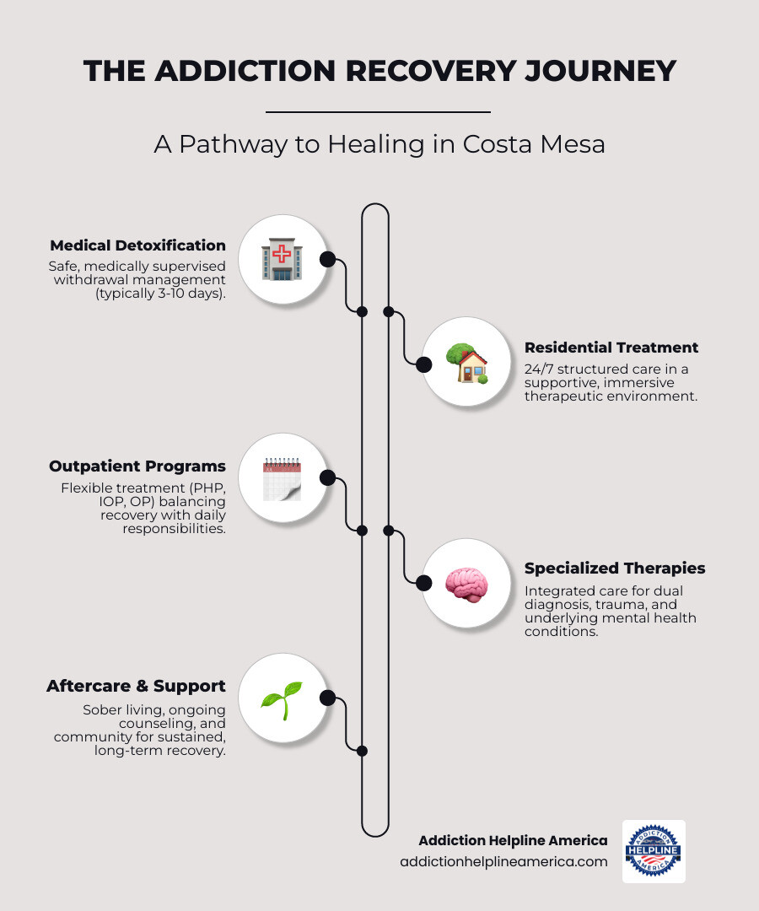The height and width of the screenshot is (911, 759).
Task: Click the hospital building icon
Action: click(282, 259)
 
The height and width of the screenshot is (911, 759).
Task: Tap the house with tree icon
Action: click(466, 364)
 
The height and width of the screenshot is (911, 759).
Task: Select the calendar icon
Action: click(282, 478)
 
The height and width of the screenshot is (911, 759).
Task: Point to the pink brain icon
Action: click(466, 583)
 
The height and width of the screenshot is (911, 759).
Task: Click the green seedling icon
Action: click(282, 699)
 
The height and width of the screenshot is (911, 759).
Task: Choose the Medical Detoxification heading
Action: click(137, 245)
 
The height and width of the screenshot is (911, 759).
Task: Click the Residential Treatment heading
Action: click(611, 347)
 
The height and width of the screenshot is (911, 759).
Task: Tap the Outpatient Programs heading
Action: click(137, 466)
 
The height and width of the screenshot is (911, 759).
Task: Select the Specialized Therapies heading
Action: click(615, 568)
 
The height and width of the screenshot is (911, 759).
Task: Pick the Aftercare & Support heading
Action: click(136, 686)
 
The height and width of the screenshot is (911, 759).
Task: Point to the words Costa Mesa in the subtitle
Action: click(534, 143)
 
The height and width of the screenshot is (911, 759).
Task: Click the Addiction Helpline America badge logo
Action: click(654, 851)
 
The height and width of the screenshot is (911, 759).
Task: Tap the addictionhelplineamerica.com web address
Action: click(503, 861)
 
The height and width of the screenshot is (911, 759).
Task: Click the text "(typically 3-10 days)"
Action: click(160, 293)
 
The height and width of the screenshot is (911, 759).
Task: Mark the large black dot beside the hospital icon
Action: click(328, 259)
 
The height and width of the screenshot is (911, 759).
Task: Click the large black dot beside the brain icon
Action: click(423, 583)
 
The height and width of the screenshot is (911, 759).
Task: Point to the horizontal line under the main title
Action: click(378, 111)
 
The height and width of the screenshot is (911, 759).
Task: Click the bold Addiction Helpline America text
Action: click(513, 840)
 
